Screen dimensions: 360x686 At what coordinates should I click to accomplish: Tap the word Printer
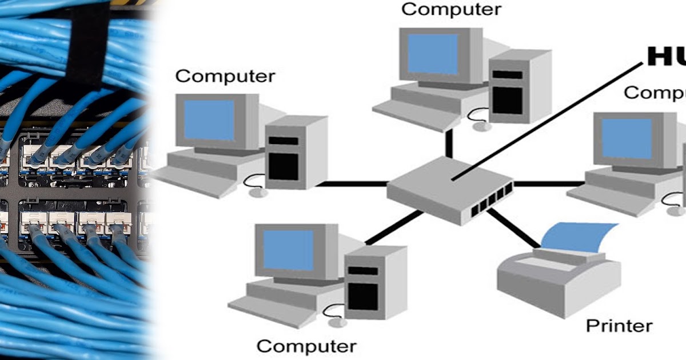(619, 326)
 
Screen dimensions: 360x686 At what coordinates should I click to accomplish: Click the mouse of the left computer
(258, 192)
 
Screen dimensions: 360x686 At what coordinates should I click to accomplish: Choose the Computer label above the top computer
(452, 9)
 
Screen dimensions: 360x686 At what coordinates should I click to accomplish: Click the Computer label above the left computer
(225, 76)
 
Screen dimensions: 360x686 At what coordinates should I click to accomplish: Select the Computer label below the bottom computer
(306, 346)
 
